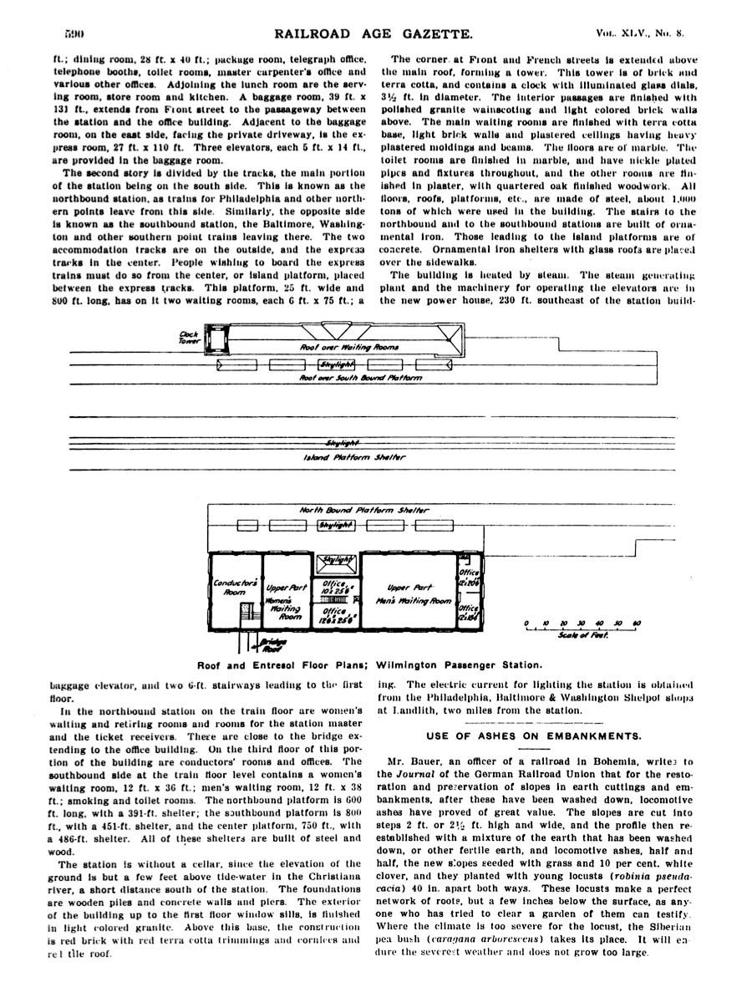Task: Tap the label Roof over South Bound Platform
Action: coord(360,378)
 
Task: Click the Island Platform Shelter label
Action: coord(354,456)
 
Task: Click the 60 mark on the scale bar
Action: coord(637,623)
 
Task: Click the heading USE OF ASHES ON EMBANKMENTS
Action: coord(535,735)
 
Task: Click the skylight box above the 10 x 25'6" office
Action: coord(337,560)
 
